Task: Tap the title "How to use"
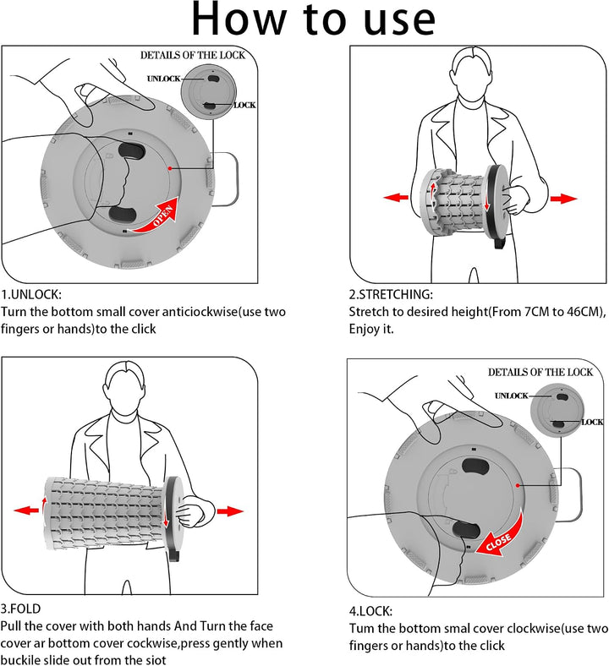[314, 19]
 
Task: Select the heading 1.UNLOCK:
[31, 294]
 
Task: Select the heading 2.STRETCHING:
[391, 294]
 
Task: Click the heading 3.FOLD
[20, 609]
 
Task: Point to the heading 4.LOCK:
[370, 611]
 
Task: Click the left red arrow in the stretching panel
[396, 197]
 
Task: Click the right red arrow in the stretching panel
[563, 199]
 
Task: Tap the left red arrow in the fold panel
[26, 510]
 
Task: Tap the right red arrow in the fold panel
[230, 511]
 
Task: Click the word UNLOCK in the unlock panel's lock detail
[163, 79]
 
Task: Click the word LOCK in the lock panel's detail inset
[592, 422]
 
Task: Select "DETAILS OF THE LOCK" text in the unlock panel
[193, 55]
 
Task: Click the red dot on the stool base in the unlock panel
[170, 168]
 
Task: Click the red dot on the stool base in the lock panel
[518, 485]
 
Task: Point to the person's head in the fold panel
[125, 388]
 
